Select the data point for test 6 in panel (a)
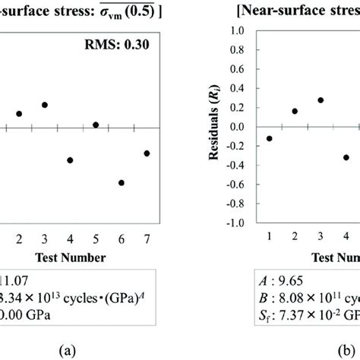(x=121, y=182)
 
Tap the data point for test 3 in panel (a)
(x=45, y=105)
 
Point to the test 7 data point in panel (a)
(x=147, y=153)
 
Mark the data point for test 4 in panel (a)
(x=70, y=160)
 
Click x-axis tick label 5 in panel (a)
(x=96, y=238)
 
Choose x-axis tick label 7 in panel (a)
(x=147, y=238)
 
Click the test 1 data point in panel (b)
(x=269, y=138)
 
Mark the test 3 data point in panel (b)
(x=321, y=100)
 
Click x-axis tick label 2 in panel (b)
(x=295, y=238)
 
